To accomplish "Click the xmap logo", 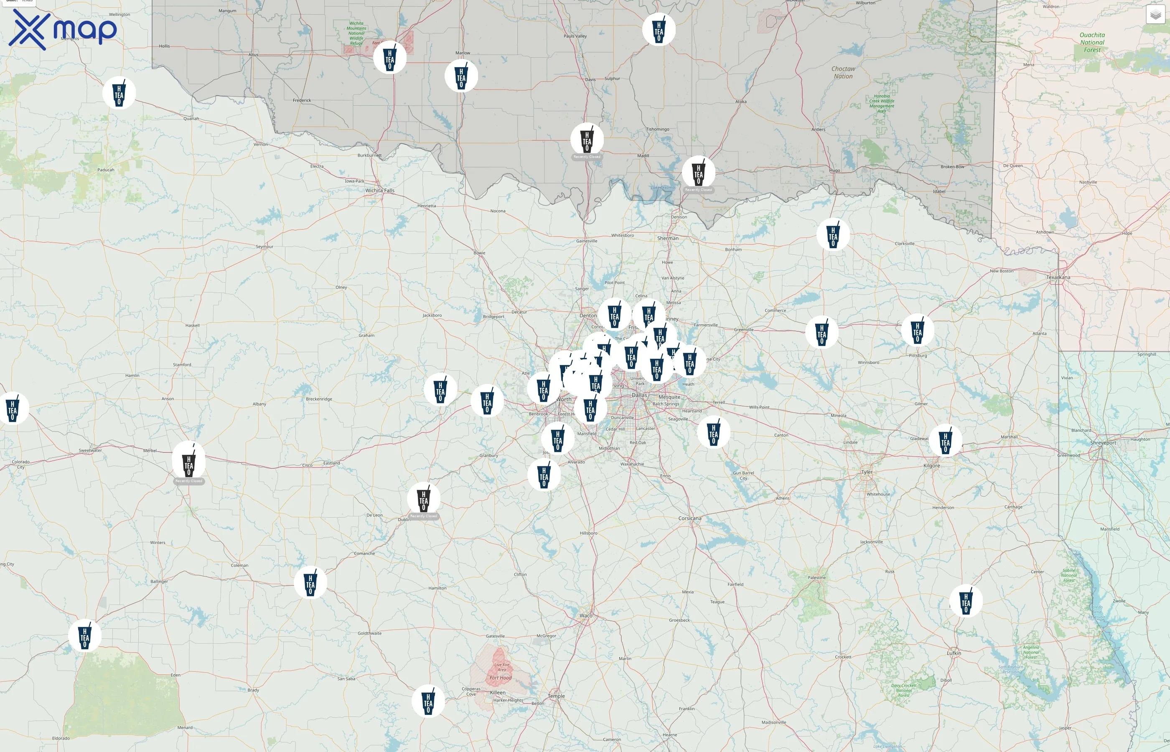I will [63, 29].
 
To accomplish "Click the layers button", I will [1155, 15].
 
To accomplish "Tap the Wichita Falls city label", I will [379, 191].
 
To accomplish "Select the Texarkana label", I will [1058, 277].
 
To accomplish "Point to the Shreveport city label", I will [1103, 443].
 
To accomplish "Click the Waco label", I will [585, 616].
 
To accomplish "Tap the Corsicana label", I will [689, 518].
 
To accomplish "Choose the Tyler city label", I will [866, 472].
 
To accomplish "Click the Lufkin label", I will [953, 653].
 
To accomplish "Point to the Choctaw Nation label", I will [843, 72].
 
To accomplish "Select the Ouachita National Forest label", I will [1092, 43].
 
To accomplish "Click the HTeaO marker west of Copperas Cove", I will [428, 701].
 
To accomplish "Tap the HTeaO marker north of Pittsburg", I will [917, 330].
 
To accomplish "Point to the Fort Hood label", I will [501, 678].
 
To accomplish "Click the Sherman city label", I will [667, 238].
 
